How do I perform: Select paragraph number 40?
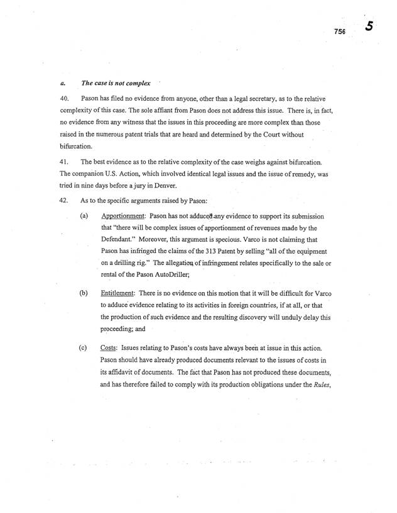coord(55,100)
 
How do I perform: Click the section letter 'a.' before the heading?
coord(55,83)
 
